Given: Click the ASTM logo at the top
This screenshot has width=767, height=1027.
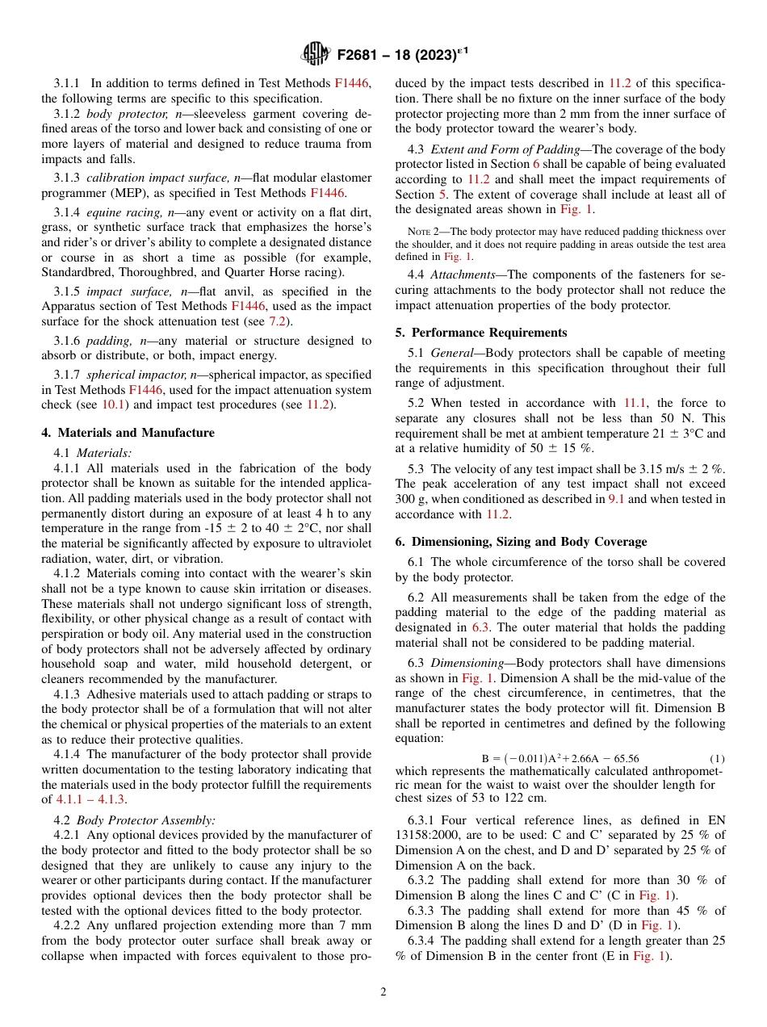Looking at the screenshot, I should [x=316, y=54].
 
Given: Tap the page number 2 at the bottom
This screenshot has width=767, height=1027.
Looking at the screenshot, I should [x=383, y=992].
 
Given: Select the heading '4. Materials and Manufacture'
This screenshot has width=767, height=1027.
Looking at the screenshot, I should [x=128, y=433].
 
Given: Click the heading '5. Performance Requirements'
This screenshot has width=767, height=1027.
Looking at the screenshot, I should [x=480, y=333].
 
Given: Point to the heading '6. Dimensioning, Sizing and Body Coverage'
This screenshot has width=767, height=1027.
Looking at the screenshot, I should [x=521, y=542].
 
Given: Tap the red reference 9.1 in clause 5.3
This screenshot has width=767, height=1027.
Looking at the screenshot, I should [x=615, y=499].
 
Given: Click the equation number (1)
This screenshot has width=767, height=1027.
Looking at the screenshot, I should [x=717, y=758].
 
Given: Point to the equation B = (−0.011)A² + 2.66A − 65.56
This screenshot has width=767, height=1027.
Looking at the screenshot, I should [x=560, y=758].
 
